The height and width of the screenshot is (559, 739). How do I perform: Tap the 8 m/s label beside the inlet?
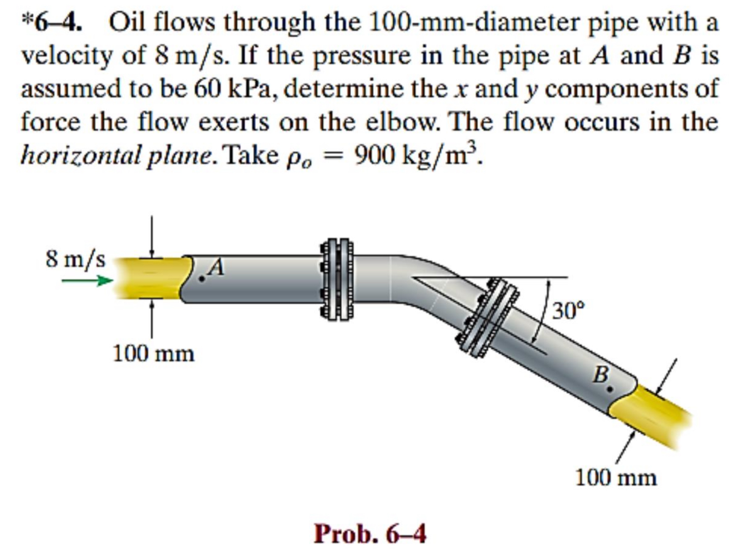(75, 259)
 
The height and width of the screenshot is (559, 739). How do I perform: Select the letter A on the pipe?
(216, 268)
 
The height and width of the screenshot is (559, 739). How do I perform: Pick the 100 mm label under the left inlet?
(153, 353)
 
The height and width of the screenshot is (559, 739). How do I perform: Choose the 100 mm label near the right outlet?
(616, 478)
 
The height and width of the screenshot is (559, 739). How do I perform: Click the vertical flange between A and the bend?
(336, 279)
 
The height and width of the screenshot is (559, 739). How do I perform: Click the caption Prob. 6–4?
(370, 534)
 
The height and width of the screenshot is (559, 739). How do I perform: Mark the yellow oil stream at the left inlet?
(150, 278)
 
